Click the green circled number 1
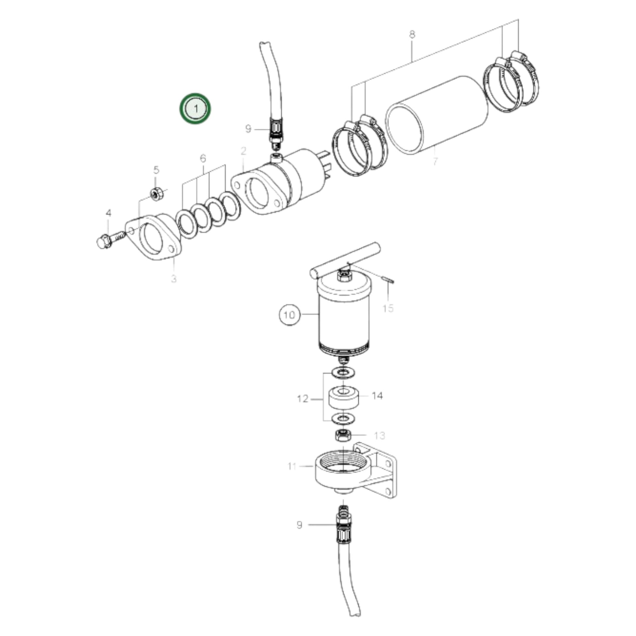[195, 109]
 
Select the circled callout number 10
[289, 315]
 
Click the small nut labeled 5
[157, 193]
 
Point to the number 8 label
[412, 34]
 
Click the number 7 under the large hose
[435, 161]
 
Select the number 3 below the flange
[174, 279]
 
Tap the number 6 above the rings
[203, 158]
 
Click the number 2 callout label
[243, 151]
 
